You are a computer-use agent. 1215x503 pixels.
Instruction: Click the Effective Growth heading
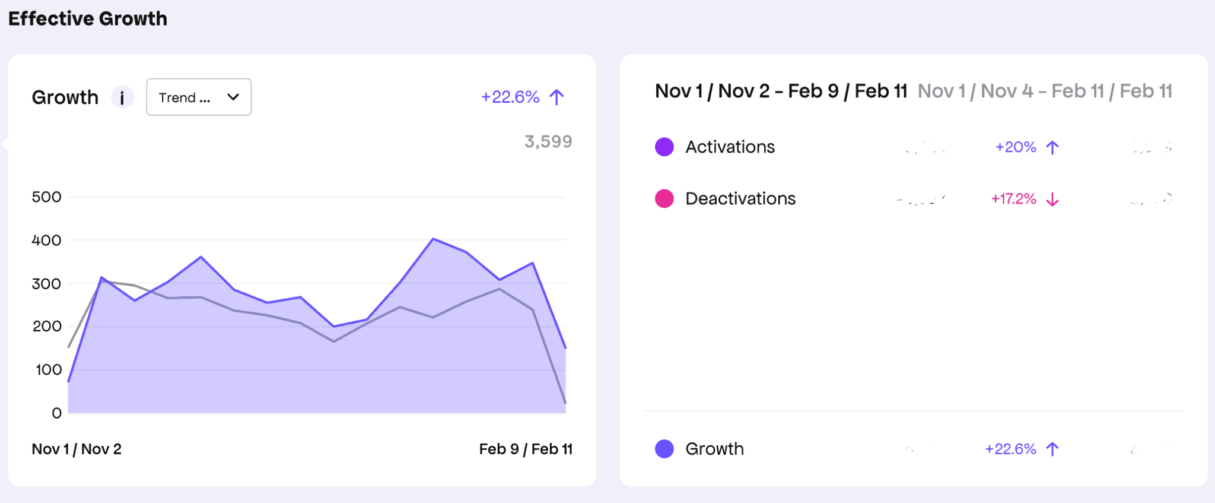[88, 18]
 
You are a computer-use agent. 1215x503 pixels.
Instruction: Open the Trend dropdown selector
[199, 97]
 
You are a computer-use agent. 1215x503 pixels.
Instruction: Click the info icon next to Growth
[122, 97]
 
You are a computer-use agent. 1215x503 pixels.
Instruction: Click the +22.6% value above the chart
[510, 97]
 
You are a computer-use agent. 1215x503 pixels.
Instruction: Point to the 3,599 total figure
[548, 141]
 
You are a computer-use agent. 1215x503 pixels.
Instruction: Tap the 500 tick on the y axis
[46, 197]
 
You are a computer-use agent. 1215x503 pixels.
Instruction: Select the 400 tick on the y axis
[46, 241]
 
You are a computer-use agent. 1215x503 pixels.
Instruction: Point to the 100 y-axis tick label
[48, 370]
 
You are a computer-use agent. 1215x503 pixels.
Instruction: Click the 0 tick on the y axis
[56, 413]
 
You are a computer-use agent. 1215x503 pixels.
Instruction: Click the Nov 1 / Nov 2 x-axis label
[77, 449]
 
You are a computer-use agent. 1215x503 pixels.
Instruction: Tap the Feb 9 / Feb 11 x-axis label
[526, 449]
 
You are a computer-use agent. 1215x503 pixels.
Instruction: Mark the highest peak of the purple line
[434, 239]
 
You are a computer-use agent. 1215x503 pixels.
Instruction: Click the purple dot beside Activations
[664, 147]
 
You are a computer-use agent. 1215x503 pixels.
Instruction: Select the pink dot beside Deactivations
[664, 198]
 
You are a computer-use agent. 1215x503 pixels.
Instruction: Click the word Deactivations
[740, 198]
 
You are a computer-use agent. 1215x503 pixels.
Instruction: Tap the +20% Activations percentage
[1015, 147]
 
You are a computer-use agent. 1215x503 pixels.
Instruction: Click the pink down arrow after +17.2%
[1052, 199]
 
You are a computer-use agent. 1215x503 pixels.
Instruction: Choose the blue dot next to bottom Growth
[664, 449]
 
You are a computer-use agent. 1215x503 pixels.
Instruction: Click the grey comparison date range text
[1044, 91]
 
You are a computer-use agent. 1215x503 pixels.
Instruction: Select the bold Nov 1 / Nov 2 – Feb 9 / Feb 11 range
[781, 91]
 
